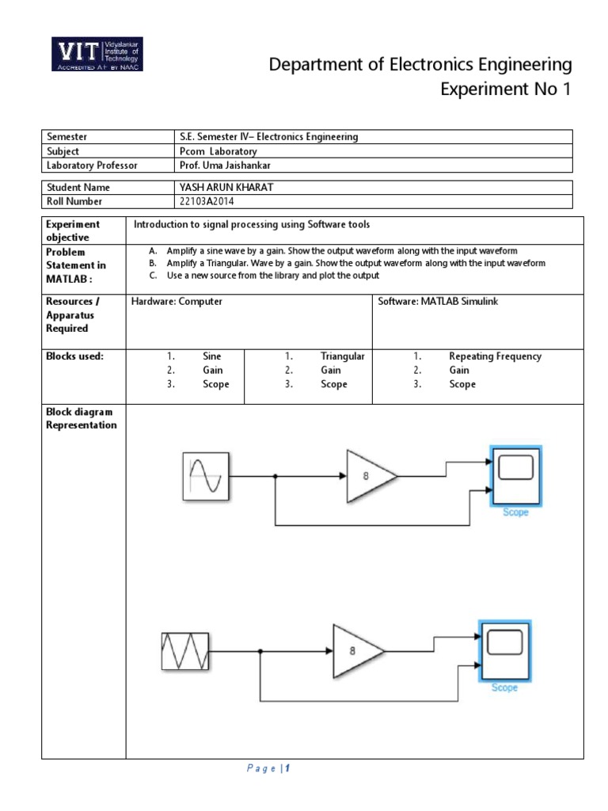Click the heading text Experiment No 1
tap(504, 89)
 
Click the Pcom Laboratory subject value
tap(218, 151)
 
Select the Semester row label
tap(66, 137)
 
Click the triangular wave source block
tap(185, 651)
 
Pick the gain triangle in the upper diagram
tap(368, 476)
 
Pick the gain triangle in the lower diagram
tap(355, 651)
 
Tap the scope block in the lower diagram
tap(504, 651)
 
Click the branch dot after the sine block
tap(275, 477)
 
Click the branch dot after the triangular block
tap(261, 651)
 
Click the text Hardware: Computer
tap(177, 302)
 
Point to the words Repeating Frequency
tap(495, 356)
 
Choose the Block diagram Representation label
tap(81, 418)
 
